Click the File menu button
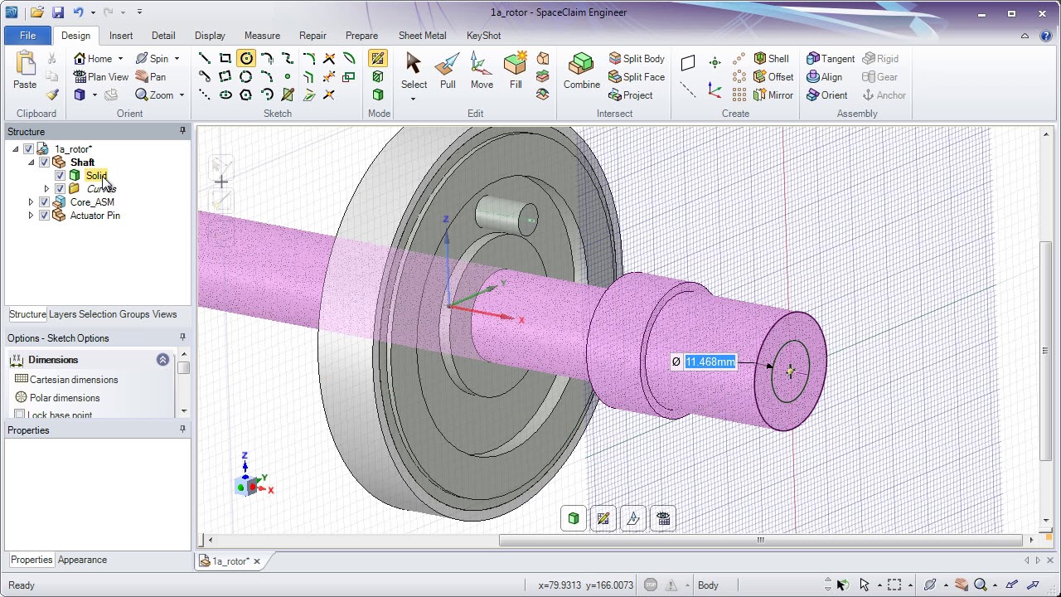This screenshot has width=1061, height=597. pyautogui.click(x=27, y=36)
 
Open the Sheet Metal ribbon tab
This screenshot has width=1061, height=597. pyautogui.click(x=422, y=36)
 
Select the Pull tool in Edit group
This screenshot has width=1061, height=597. pyautogui.click(x=448, y=70)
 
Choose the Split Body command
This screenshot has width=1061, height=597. pyautogui.click(x=637, y=59)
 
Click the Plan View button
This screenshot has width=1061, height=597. pyautogui.click(x=101, y=77)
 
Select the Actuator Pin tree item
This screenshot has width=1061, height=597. pyautogui.click(x=94, y=216)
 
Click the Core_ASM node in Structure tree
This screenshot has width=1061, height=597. pyautogui.click(x=92, y=202)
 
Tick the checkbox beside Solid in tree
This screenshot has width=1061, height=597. pyautogui.click(x=60, y=176)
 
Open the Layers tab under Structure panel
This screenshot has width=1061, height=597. pyautogui.click(x=62, y=314)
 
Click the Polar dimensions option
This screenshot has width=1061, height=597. pyautogui.click(x=65, y=398)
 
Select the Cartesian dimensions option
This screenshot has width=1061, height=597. pyautogui.click(x=74, y=380)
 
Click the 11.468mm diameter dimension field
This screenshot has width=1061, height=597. pyautogui.click(x=710, y=362)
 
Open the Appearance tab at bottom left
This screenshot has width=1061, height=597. pyautogui.click(x=82, y=560)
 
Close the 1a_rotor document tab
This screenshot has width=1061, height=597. pyautogui.click(x=257, y=561)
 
